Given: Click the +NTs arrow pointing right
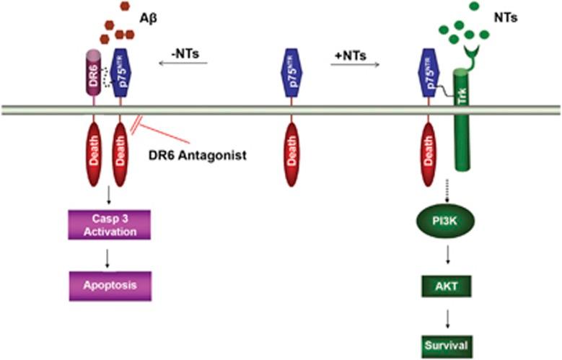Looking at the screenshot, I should (355, 64).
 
